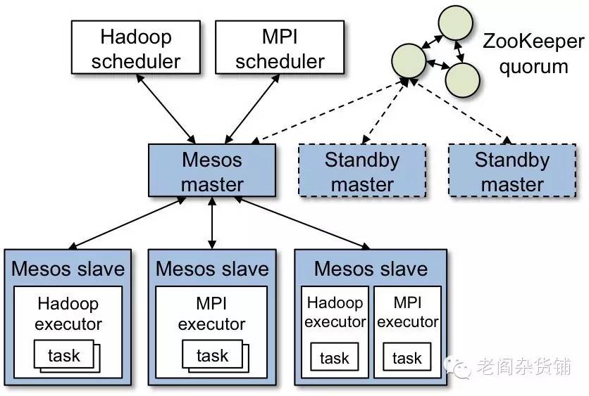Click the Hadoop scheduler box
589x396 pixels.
(x=135, y=47)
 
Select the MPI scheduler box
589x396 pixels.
(x=280, y=47)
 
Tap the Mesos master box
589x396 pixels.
(x=212, y=170)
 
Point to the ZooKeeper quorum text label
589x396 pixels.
(x=533, y=53)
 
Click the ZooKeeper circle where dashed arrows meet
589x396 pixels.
(x=409, y=60)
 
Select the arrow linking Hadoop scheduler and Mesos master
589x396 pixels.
(x=166, y=109)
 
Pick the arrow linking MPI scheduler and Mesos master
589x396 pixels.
(x=252, y=109)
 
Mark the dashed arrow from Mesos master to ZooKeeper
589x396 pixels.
(x=329, y=111)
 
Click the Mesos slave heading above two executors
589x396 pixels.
(x=371, y=269)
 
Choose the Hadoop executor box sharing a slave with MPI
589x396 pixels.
(x=335, y=332)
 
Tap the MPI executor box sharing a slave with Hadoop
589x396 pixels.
(x=407, y=332)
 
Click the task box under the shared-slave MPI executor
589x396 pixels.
(x=407, y=357)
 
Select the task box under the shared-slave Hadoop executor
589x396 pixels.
(x=335, y=357)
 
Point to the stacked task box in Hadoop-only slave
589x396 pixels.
(x=67, y=356)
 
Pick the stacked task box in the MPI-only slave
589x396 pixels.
(x=216, y=356)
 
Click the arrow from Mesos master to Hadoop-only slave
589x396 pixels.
(x=128, y=223)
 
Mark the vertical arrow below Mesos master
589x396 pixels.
(x=212, y=223)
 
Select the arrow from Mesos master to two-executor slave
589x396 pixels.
(x=302, y=223)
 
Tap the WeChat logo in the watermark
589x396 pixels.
(x=457, y=366)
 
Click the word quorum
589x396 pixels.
(x=533, y=67)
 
